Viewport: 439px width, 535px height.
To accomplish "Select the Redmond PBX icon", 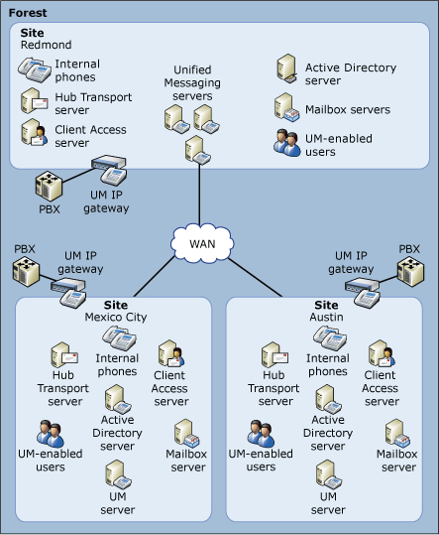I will (x=49, y=187).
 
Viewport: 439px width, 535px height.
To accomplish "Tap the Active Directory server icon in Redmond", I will (x=287, y=68).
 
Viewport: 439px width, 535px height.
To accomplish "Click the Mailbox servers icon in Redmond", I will (x=287, y=107).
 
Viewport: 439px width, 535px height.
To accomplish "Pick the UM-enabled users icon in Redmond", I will (x=287, y=142).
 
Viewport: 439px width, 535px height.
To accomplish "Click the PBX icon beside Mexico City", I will (x=28, y=271).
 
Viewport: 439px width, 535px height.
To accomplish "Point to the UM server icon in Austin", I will (x=328, y=473).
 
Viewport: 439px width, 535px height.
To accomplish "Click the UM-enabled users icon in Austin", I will (x=262, y=433).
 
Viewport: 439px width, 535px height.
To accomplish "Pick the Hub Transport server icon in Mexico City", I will (x=65, y=358).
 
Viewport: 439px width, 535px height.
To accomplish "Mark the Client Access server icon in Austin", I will (x=380, y=354).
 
